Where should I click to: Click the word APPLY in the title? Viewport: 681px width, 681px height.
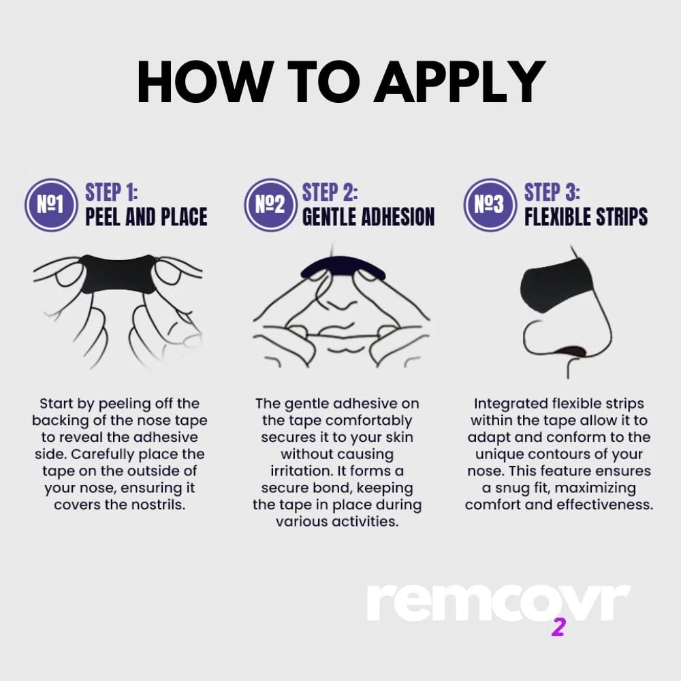pos(460,82)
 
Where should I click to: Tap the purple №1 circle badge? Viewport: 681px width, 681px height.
pos(51,204)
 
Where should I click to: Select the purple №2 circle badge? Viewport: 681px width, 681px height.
pos(270,204)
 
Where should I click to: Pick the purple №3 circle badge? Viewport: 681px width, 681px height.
pos(490,204)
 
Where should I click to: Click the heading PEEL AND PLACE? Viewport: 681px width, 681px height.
pos(146,217)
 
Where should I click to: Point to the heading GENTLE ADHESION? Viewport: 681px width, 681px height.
pos(368,217)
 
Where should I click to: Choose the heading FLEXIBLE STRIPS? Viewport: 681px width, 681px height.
pos(586,217)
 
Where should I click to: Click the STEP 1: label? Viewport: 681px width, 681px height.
pos(111,193)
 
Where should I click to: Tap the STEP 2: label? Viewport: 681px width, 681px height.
pos(330,193)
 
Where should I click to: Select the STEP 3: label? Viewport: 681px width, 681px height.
pos(552,193)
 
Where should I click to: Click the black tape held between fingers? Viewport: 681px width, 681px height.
pos(118,274)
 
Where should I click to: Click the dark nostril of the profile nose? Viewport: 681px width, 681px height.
pos(573,351)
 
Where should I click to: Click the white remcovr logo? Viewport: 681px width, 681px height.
pos(498,603)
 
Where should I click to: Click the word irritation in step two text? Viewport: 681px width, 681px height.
pos(302,471)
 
